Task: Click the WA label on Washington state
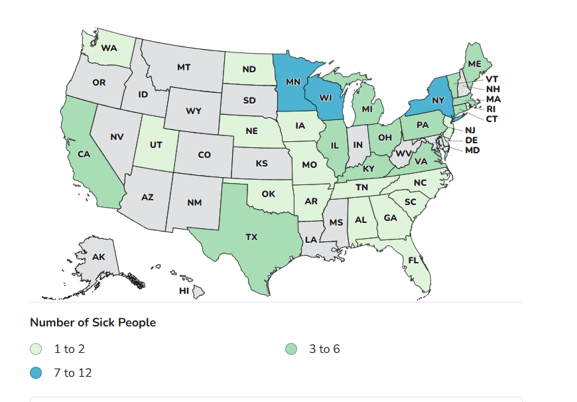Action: point(109,48)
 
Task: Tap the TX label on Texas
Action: point(251,237)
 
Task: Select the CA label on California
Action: point(84,154)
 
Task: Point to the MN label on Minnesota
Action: point(293,82)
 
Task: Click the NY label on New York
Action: point(437,100)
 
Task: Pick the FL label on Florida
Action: point(413,260)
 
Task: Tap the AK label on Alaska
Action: point(98,257)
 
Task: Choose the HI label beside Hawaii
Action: point(184,291)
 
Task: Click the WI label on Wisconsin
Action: point(326,97)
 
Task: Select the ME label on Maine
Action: point(474,64)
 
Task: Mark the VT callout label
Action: point(492,79)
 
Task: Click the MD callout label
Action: point(472,151)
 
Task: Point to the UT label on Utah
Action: point(157,145)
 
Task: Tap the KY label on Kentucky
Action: point(369,168)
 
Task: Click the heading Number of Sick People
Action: point(93,322)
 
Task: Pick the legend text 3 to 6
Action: point(324,349)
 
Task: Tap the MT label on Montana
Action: point(184,67)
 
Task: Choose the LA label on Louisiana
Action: point(310,239)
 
